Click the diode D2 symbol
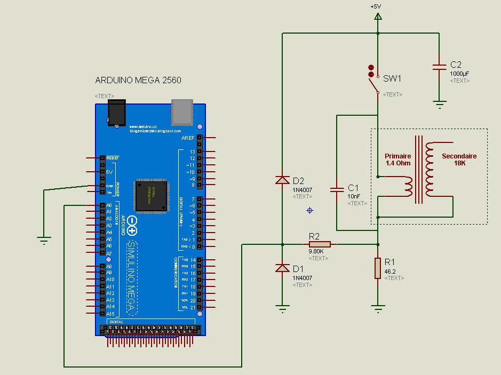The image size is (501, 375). pos(282,180)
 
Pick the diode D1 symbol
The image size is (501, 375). pos(282,268)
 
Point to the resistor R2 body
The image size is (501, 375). pos(320,244)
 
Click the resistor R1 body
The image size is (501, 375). pos(378,268)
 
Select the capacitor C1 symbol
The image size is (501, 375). pos(337,189)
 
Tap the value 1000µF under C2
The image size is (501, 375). pos(459,74)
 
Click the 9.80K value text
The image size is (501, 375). pos(316,251)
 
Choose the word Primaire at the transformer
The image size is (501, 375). pos(398,156)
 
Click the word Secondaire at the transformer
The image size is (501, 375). pos(459,156)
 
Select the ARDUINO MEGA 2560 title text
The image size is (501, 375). pos(138,81)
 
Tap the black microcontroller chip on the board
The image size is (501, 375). pos(150,194)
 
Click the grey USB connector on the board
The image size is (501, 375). pos(182,111)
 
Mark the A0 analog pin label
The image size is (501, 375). pos(109,205)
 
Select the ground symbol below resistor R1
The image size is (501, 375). pos(378,308)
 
